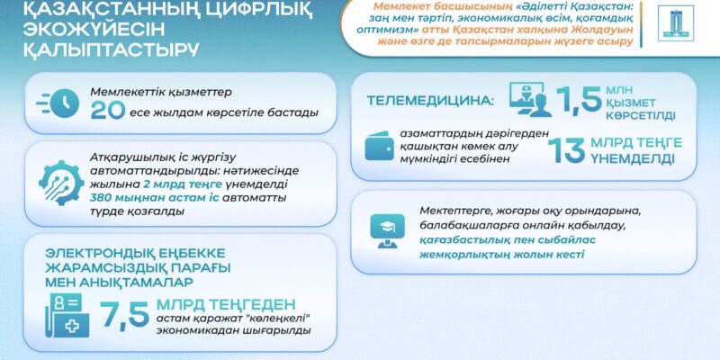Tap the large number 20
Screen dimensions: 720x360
(x=108, y=110)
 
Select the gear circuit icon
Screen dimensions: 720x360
(x=61, y=183)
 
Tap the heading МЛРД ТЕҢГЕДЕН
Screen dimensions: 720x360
(x=226, y=304)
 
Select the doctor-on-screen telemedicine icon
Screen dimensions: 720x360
(x=530, y=100)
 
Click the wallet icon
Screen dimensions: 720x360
(x=379, y=146)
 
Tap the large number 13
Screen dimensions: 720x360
(x=567, y=150)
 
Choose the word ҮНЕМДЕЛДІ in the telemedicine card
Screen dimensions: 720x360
(x=633, y=159)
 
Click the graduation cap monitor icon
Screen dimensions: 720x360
(x=387, y=230)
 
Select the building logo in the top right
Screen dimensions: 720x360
(x=676, y=23)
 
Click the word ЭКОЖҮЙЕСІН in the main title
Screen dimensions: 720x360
(x=94, y=31)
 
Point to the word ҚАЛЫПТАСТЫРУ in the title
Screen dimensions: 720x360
(x=111, y=49)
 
